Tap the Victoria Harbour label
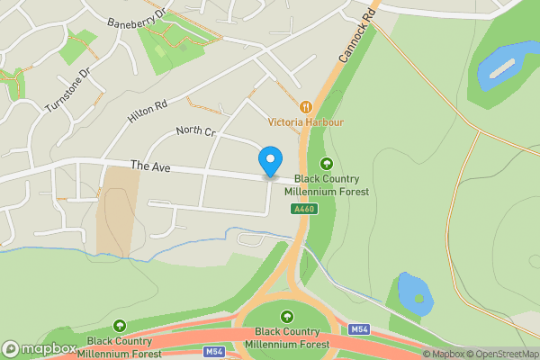pos(306,121)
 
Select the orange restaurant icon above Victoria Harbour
pos(306,106)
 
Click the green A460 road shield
pos(303,209)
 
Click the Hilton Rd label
pos(148,110)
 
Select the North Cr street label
pos(196,132)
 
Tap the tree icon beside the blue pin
pos(326,164)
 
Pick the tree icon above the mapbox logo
pos(120,325)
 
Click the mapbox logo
pos(40,348)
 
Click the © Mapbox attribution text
pos(442,354)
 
